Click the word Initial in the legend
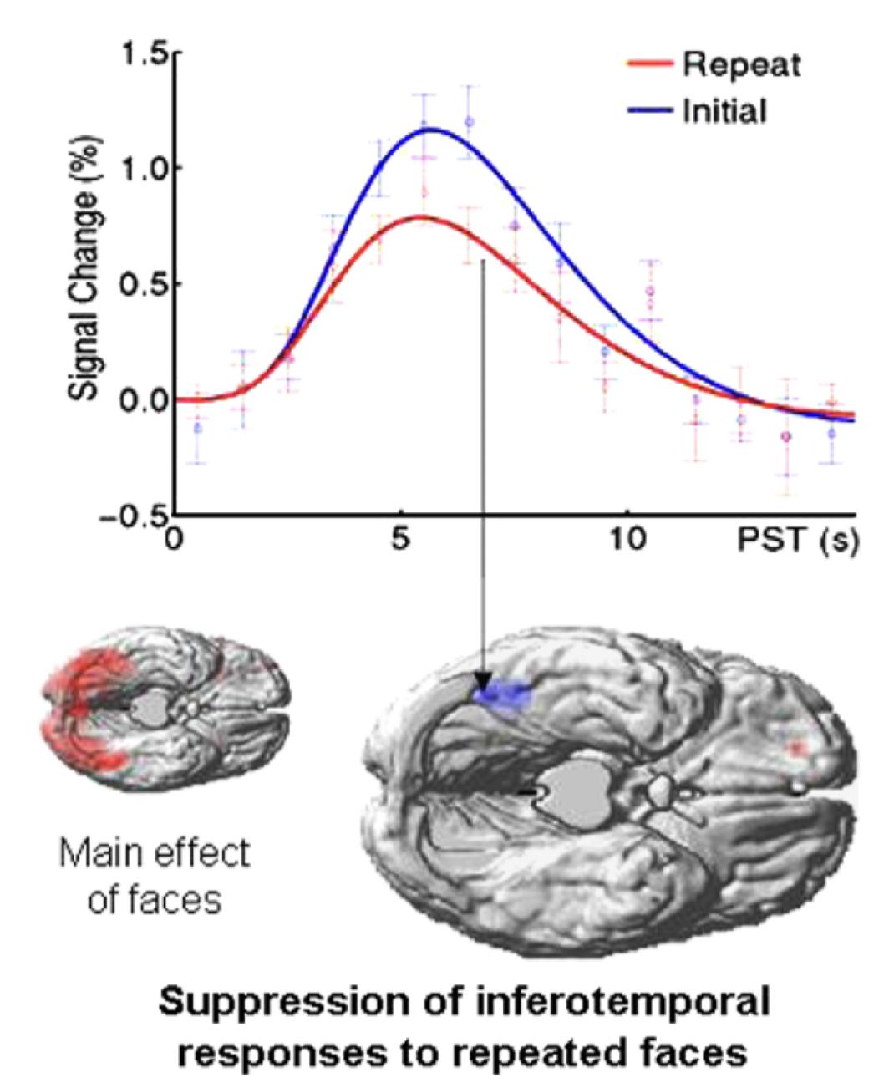[724, 110]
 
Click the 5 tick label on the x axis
[402, 540]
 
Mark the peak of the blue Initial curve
[432, 129]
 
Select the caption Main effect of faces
[154, 875]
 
